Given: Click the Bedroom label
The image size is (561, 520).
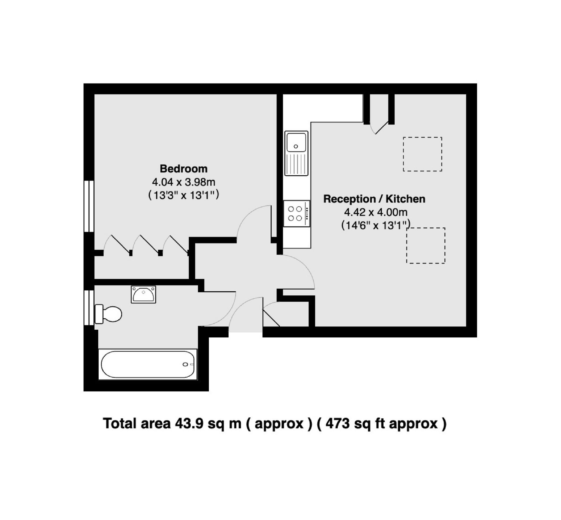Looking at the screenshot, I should [x=183, y=169].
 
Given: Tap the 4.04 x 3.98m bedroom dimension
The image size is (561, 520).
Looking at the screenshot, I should [x=183, y=182].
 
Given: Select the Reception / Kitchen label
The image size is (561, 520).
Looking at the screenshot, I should [x=374, y=199].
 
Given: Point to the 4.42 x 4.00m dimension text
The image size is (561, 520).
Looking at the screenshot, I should [x=376, y=212].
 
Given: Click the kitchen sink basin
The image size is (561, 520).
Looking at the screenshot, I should [x=296, y=142].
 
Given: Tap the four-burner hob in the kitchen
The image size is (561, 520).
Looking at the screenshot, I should [x=296, y=213].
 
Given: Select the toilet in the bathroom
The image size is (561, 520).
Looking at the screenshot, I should [x=108, y=314].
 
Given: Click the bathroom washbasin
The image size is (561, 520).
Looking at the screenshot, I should [x=143, y=294].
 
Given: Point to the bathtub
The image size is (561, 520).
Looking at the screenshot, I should [x=148, y=364].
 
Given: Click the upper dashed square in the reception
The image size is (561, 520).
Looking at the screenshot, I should [x=422, y=154].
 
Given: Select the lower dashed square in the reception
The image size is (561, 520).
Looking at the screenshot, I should [x=426, y=245].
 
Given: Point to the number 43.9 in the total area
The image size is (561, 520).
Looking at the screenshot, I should [x=189, y=424].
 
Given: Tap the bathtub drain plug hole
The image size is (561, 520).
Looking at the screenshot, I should [x=185, y=364].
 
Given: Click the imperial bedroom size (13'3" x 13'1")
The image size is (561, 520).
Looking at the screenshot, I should [x=183, y=195].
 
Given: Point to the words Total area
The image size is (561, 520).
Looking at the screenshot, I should [x=136, y=424].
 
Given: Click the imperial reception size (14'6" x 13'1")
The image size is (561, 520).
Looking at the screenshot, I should [x=376, y=225].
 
